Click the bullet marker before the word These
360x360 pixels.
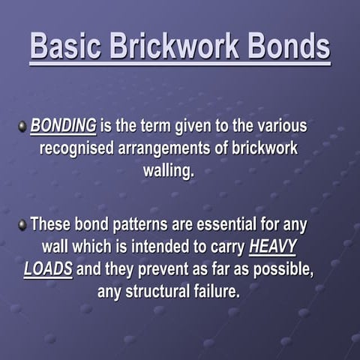point(22,224)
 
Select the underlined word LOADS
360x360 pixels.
point(48,268)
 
